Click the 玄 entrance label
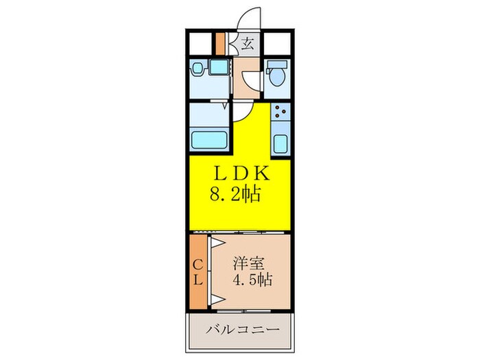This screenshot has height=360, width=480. coord(247,46)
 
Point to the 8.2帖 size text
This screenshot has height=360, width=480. coord(235,195)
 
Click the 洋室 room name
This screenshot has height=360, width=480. coord(248,261)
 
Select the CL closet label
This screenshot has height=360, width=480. coord(197,272)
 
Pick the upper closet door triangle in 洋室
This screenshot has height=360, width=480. coord(218,243)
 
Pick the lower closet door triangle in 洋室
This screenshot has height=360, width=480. coord(218,296)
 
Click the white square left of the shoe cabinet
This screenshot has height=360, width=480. coord(202,44)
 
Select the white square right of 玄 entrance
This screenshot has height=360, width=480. coord(277,44)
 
